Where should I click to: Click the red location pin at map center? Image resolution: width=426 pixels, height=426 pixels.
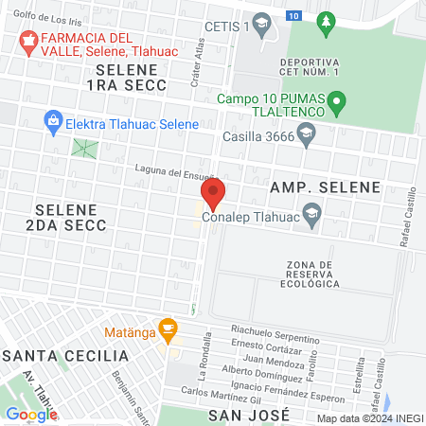(x=213, y=193)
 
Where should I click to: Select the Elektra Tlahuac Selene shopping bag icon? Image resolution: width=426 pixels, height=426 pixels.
(x=53, y=122)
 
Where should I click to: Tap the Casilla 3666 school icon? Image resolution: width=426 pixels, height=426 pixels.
(x=306, y=135)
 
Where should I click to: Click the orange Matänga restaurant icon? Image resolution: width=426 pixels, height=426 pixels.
(x=169, y=328)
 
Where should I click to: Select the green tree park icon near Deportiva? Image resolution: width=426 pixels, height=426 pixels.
(x=327, y=21)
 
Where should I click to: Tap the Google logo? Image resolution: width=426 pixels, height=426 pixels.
(x=31, y=414)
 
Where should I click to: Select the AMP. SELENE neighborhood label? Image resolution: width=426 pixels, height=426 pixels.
(x=326, y=186)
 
